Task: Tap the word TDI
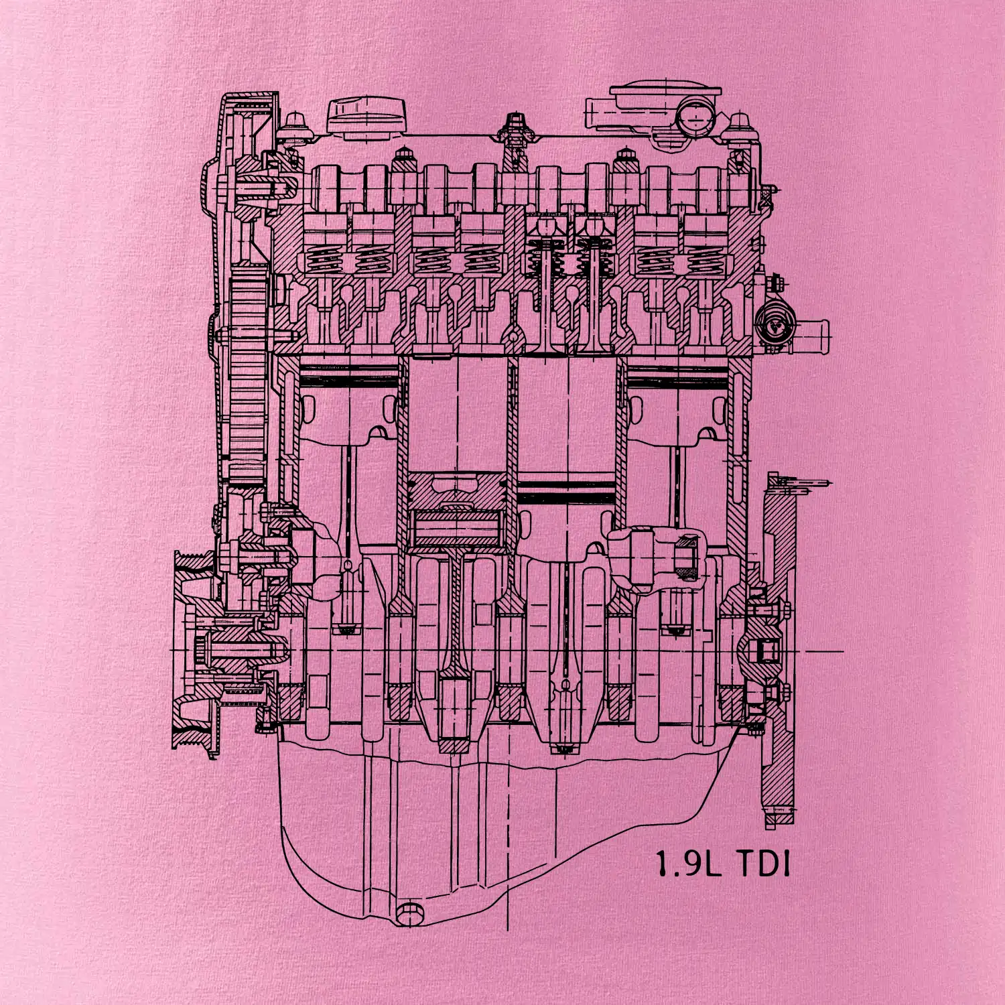[x=763, y=864]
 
